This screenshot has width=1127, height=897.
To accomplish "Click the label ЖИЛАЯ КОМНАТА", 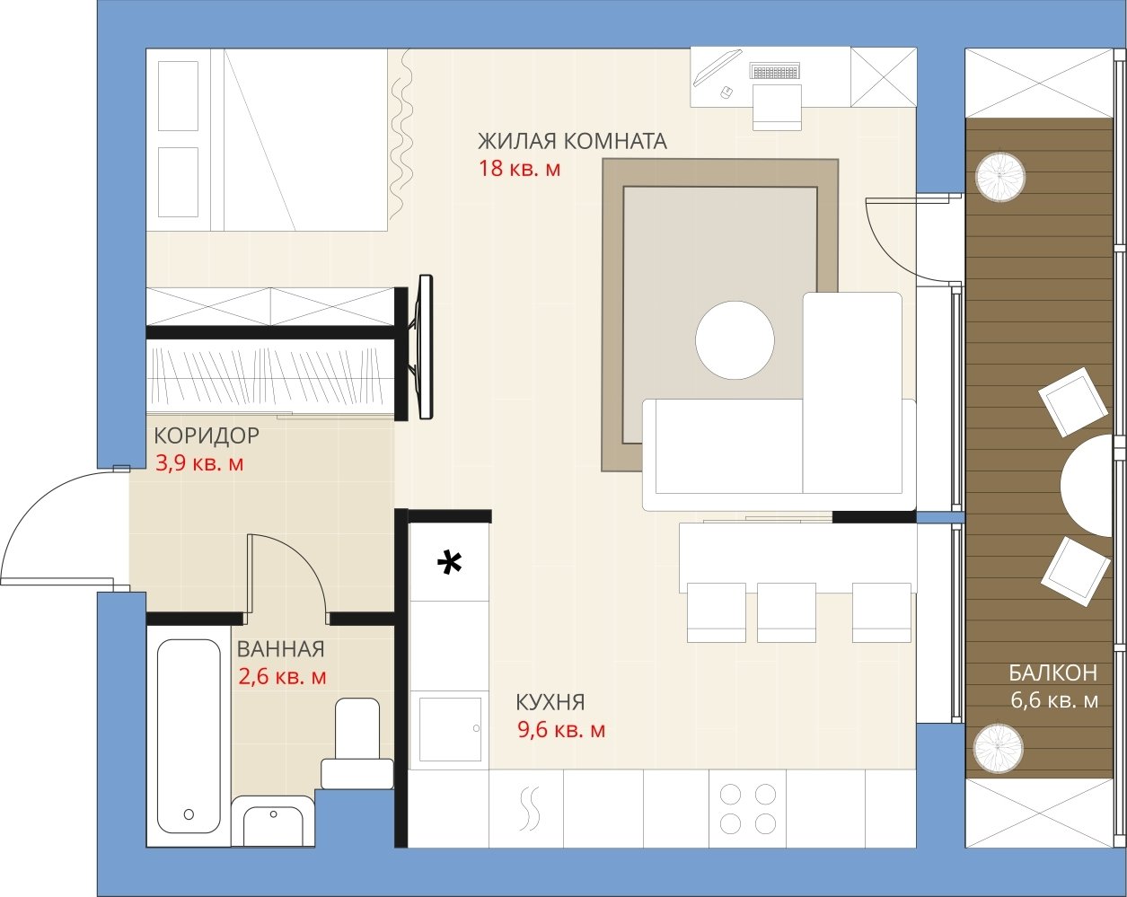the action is point(572,141).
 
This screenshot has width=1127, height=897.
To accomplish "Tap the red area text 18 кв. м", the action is point(520,169).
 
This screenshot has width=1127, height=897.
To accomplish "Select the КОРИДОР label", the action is point(207,435).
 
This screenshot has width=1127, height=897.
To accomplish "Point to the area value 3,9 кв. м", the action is point(199,463).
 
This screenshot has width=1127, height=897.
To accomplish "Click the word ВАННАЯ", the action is point(281,649).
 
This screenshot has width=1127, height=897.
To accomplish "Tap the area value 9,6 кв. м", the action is point(561,730).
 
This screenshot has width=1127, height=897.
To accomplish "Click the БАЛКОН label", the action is point(1053,673).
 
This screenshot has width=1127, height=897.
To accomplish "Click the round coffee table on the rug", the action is point(735,340).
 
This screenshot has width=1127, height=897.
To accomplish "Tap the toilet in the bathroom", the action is point(357,743).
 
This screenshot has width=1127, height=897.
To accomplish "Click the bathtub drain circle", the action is point(189,814).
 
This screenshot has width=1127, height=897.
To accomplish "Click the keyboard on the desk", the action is point(775,71).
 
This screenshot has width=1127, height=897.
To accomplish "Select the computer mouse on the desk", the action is point(726,92).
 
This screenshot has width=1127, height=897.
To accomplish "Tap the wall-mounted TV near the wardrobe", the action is point(426,347).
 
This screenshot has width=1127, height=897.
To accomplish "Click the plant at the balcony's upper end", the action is point(1000,177).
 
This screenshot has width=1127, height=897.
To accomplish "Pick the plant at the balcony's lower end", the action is point(998,748).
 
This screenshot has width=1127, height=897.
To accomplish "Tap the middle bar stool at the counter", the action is point(787,612).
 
